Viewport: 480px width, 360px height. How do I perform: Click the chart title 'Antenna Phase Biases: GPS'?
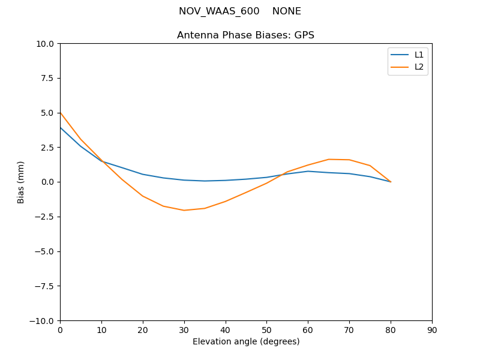[x=245, y=35]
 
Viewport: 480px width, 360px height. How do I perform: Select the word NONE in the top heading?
[x=287, y=11]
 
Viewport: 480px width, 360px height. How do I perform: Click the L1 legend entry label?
[x=419, y=55]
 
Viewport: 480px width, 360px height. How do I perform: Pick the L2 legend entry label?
[x=419, y=67]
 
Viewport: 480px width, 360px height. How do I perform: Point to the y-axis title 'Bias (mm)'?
[x=21, y=182]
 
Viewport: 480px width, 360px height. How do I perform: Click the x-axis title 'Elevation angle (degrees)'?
[x=246, y=342]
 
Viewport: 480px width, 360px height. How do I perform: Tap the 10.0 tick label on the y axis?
[x=46, y=44]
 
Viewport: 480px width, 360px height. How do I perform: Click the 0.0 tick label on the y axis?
[x=49, y=182]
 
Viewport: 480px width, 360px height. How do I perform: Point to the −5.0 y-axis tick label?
[x=46, y=251]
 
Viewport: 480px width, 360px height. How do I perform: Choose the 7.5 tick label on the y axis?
[x=49, y=78]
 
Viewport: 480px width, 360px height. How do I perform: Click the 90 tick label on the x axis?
[x=432, y=330]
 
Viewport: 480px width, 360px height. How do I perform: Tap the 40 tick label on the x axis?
[x=225, y=330]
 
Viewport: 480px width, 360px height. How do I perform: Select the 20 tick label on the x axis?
[x=143, y=330]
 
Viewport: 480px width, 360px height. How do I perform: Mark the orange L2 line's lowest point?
[x=184, y=210]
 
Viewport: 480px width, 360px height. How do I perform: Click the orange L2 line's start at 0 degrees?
[x=61, y=112]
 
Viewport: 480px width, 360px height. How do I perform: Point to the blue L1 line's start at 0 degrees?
[x=61, y=127]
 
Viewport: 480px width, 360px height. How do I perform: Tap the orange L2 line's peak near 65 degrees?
[x=329, y=159]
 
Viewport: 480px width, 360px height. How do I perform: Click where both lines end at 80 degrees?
[x=391, y=182]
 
